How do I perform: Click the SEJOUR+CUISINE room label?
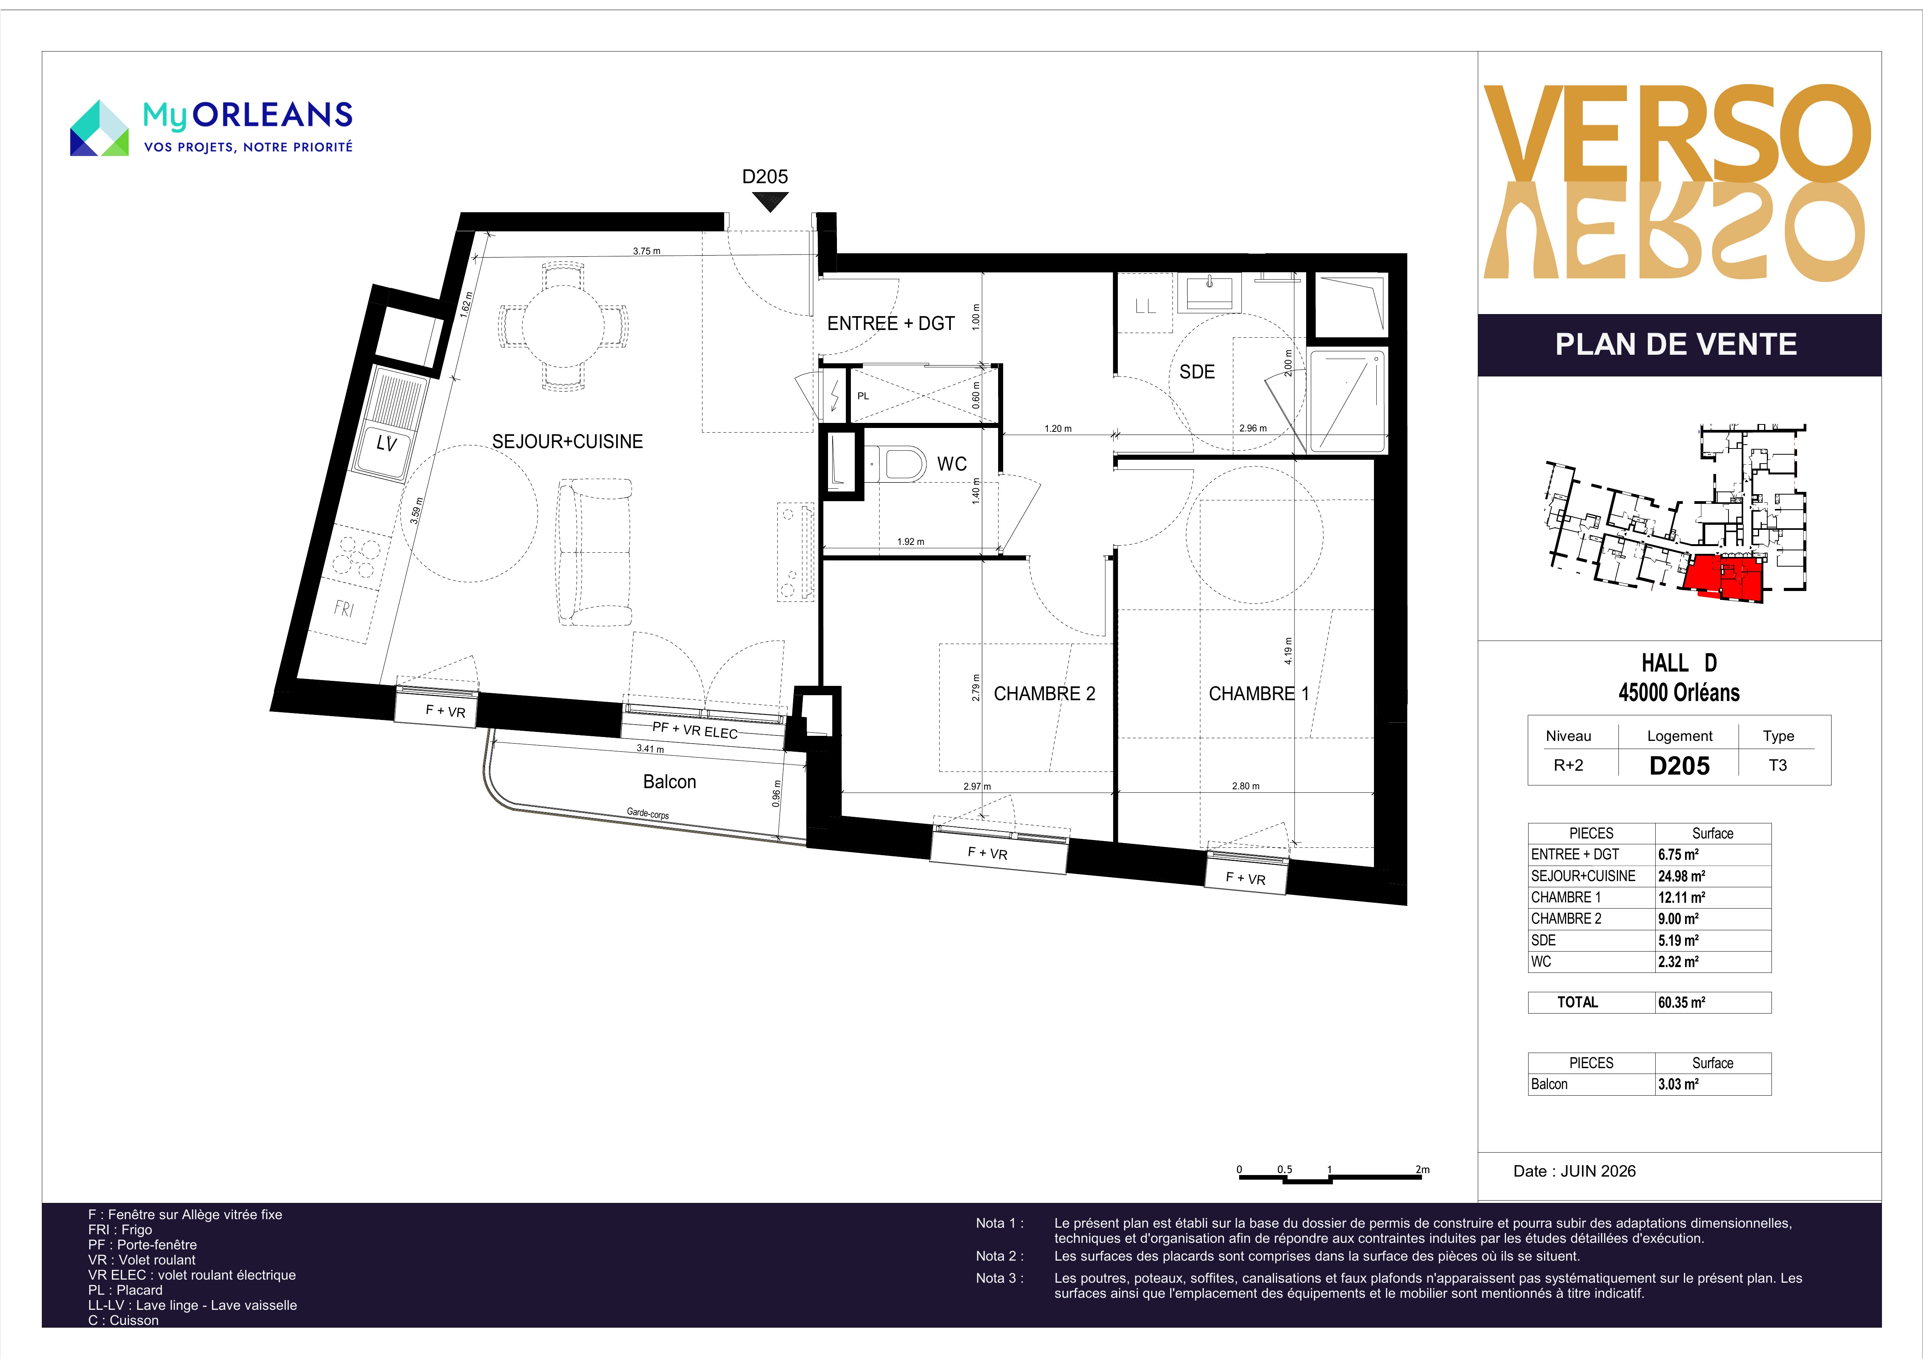(x=567, y=441)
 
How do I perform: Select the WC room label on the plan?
(x=952, y=464)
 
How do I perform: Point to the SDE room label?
(x=1197, y=372)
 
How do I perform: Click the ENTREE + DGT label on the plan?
(x=891, y=323)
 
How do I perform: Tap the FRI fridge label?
(x=343, y=608)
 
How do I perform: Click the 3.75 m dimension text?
(x=647, y=250)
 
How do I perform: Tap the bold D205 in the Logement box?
(x=1679, y=765)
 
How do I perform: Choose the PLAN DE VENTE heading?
(x=1676, y=344)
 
